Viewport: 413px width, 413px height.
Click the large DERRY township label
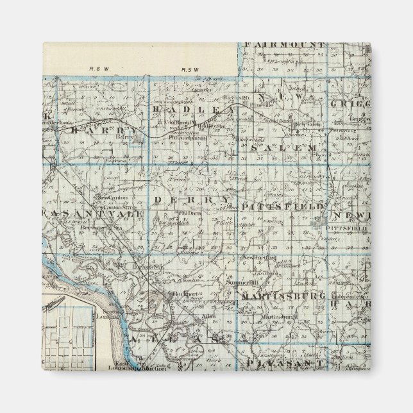coord(192,201)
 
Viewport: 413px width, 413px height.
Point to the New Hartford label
coord(258,258)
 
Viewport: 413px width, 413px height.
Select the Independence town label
coord(350,296)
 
